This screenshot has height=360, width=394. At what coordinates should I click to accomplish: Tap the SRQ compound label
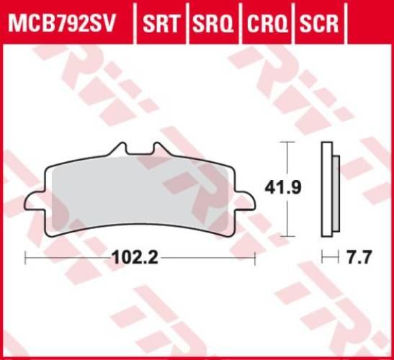214,24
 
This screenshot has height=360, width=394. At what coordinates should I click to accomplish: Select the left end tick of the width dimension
25,256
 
